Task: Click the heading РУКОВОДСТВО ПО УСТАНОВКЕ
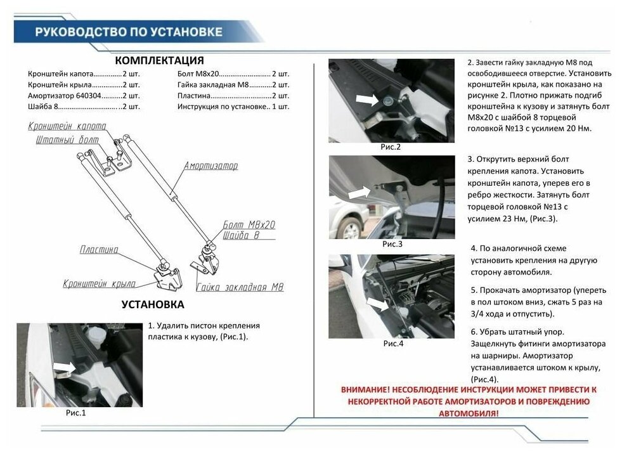pos(129,32)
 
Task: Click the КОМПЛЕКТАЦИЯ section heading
pos(159,61)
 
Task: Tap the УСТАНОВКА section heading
pos(153,304)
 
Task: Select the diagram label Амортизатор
pos(211,166)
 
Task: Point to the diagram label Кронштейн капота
pos(67,126)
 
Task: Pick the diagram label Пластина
pos(98,250)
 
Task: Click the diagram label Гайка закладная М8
pos(240,287)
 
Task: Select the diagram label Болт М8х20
pos(249,225)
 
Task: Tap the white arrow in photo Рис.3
pos(360,190)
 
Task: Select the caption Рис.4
pos(393,344)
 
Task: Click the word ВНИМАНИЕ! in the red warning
pos(365,389)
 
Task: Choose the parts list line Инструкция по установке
pos(233,107)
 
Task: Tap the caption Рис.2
pos(391,147)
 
